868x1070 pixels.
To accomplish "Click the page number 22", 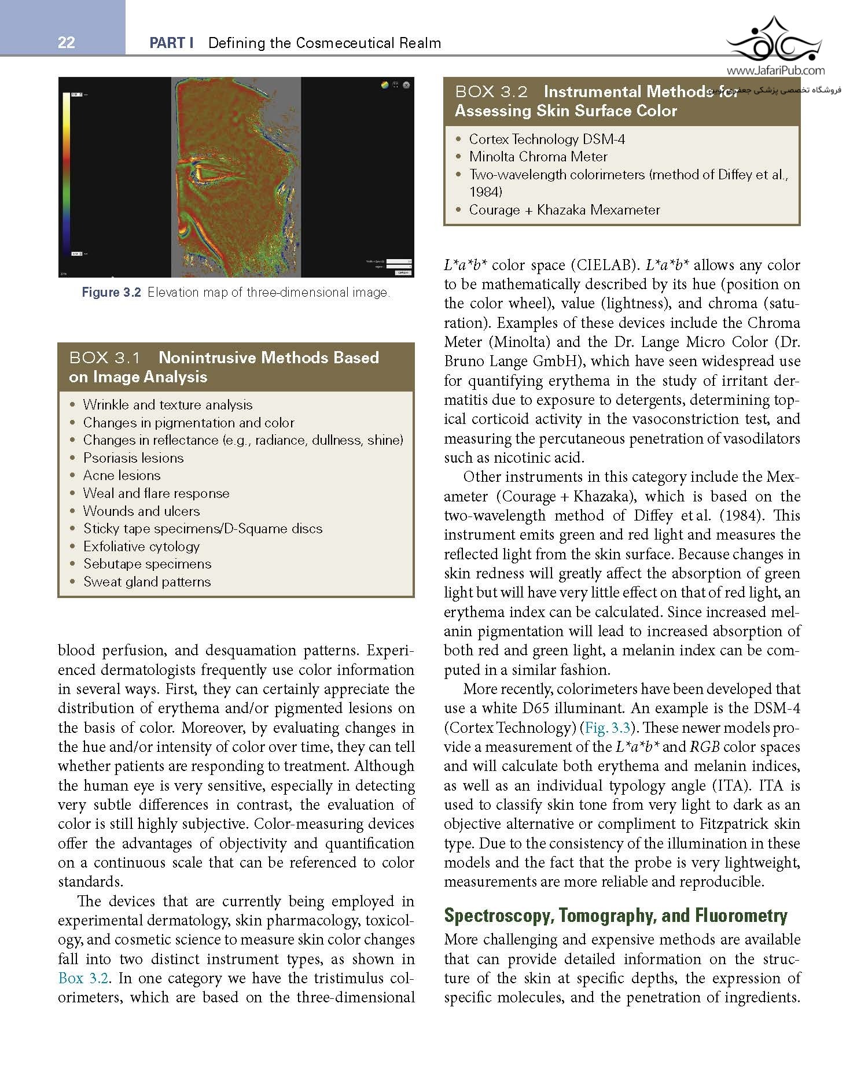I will click(x=67, y=42).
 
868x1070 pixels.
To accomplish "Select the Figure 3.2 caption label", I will click(x=111, y=293).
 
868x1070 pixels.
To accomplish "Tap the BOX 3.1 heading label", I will click(x=105, y=358).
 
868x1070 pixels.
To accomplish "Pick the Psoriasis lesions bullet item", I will click(x=133, y=458).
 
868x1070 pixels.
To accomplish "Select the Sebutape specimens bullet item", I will click(x=147, y=564).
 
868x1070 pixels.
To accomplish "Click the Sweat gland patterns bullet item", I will click(x=147, y=582).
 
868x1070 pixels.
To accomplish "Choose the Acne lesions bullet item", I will click(x=122, y=475).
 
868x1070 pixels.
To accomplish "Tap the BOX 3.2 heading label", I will click(x=491, y=92).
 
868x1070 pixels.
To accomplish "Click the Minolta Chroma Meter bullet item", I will click(x=538, y=157).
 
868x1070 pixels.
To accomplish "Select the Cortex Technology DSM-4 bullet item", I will click(x=547, y=139).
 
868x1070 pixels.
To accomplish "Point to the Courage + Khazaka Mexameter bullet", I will click(x=564, y=210).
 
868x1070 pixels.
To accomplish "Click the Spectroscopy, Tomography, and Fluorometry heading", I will click(x=616, y=916).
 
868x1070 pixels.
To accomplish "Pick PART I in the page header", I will click(x=171, y=43).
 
